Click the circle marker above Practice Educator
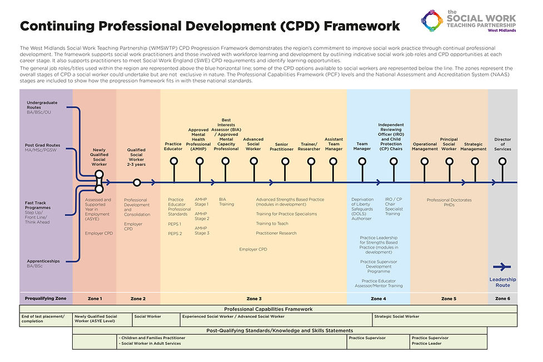click(x=173, y=161)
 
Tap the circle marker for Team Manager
click(x=362, y=161)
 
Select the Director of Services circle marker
click(x=502, y=161)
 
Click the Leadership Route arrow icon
click(x=502, y=266)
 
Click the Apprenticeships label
click(x=43, y=261)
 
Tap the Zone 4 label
click(x=378, y=299)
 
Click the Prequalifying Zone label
click(x=46, y=299)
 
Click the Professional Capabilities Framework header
click(x=268, y=309)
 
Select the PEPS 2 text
click(x=175, y=234)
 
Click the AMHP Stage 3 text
click(x=202, y=230)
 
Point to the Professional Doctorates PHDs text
click(x=449, y=202)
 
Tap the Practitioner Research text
click(x=276, y=233)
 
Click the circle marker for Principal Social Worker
click(x=448, y=161)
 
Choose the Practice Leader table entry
click(x=427, y=344)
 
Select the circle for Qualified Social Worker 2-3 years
click(x=137, y=182)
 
